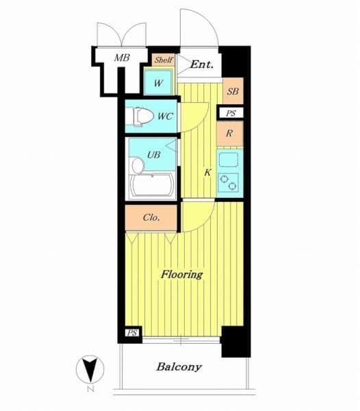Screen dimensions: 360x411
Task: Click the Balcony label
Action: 179,366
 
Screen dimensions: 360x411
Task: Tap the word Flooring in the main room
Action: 181,275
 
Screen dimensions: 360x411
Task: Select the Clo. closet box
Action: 151,218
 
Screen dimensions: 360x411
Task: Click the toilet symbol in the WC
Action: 143,116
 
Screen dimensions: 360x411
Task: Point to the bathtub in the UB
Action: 153,186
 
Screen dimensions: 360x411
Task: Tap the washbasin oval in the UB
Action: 138,166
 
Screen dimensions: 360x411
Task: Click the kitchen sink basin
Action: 229,160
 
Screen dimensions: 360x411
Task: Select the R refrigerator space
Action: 229,134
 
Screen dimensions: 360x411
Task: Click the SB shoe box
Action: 233,90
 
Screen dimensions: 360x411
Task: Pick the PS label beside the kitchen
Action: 231,113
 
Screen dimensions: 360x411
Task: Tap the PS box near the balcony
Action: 132,333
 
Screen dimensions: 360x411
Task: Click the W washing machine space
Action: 159,83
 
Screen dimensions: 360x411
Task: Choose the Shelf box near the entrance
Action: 163,60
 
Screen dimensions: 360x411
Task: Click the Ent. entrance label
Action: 202,64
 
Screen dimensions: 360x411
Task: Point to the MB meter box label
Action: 122,58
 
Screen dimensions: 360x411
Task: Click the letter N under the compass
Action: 90,389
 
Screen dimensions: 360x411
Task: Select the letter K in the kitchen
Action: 207,173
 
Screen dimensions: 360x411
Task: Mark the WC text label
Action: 166,116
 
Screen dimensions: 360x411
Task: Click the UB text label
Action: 154,155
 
